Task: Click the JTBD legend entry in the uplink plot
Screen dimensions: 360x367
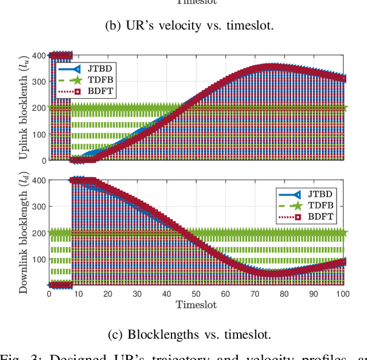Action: pyautogui.click(x=85, y=68)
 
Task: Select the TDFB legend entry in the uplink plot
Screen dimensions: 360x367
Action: pyautogui.click(x=85, y=80)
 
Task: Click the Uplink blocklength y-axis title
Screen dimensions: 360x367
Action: pyautogui.click(x=25, y=109)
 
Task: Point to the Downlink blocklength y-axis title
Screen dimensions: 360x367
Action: pyautogui.click(x=25, y=233)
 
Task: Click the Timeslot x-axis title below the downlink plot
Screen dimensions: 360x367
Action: pyautogui.click(x=196, y=304)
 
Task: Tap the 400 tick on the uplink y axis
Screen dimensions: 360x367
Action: pyautogui.click(x=38, y=56)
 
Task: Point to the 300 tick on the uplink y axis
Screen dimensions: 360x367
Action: pyautogui.click(x=38, y=82)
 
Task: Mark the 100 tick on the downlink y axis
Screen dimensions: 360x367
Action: pyautogui.click(x=38, y=259)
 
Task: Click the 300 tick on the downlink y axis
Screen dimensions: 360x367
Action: pyautogui.click(x=38, y=207)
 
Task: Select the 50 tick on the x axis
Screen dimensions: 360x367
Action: pyautogui.click(x=196, y=293)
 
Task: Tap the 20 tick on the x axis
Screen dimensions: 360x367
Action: pyautogui.click(x=108, y=293)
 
